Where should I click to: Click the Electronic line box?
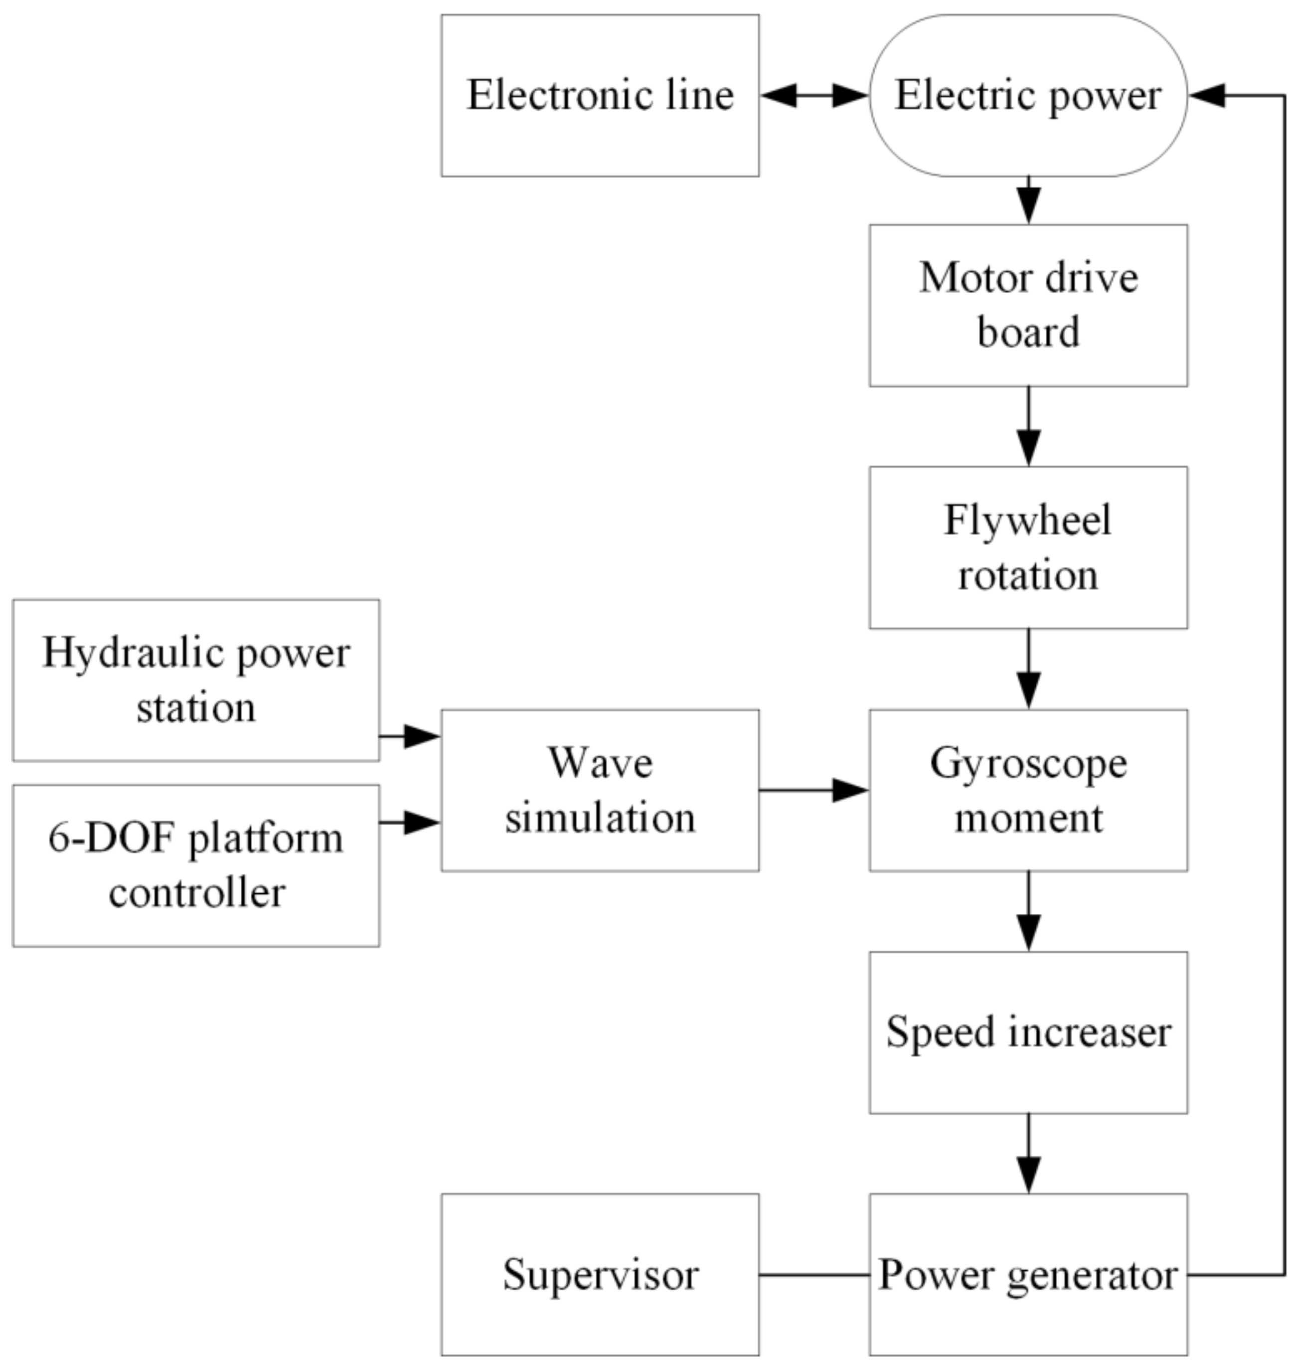tap(600, 96)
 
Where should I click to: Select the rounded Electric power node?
tap(1028, 96)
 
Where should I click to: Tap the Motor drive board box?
tap(1028, 305)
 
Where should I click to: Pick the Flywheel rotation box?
tap(1028, 547)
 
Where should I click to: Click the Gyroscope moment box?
tap(1028, 790)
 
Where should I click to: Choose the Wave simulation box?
tap(600, 790)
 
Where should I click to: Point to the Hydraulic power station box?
tap(196, 680)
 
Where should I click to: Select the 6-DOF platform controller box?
tap(196, 865)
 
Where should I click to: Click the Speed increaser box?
tap(1028, 1032)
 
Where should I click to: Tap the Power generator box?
tap(1028, 1275)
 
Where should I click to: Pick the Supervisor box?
tap(600, 1275)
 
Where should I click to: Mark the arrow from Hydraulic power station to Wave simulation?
tap(410, 736)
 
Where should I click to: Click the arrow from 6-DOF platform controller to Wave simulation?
tap(410, 823)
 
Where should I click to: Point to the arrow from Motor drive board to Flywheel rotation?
tap(1028, 426)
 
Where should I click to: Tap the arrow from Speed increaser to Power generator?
tap(1028, 1154)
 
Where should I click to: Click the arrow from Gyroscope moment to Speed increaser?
tap(1028, 911)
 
